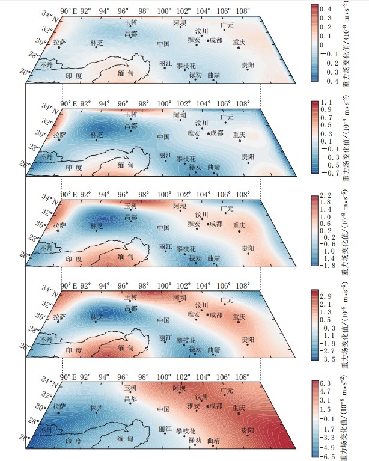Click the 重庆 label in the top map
coord(240,42)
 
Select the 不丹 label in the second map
coord(46,154)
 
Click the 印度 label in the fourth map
coord(74,350)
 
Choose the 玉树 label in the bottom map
coord(130,388)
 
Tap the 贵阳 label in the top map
coord(248,64)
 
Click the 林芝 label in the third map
coord(97,226)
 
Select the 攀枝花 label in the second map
coord(186,159)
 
